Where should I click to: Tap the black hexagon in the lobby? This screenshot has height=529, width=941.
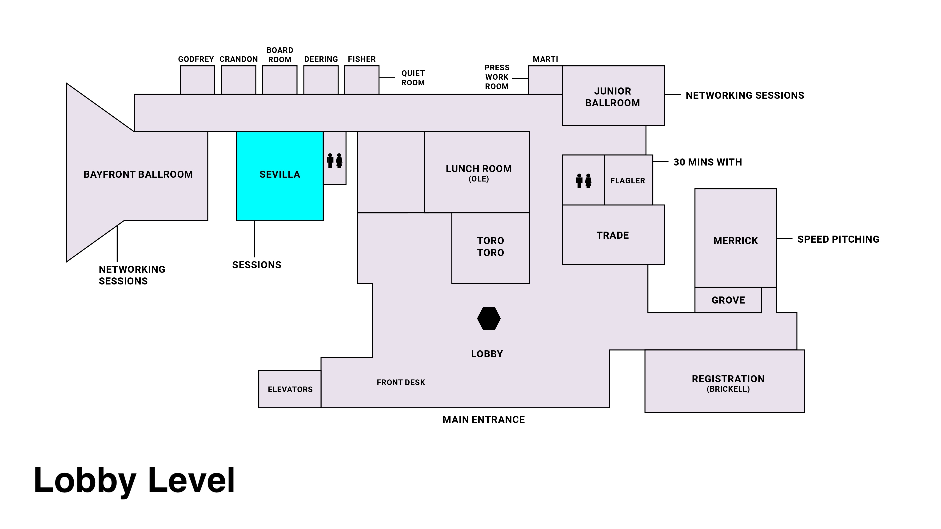point(489,318)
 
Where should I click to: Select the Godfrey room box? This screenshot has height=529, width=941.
point(197,80)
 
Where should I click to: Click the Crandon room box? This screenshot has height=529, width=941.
point(239,80)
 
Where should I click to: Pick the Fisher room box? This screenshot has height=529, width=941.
point(362,80)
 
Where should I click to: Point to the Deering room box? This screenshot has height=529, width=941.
point(321,80)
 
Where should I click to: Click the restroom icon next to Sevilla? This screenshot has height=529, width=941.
point(335,161)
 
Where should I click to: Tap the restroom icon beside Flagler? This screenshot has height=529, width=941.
point(583,181)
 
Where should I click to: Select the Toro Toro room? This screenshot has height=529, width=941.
point(490,248)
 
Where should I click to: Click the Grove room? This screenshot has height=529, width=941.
point(728,300)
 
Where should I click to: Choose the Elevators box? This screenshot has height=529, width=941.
point(290,389)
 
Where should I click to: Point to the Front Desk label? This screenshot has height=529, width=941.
point(401,382)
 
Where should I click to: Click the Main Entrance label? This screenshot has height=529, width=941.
point(483,419)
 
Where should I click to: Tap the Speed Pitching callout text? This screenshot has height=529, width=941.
point(838,239)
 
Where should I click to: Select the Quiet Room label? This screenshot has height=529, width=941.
point(413,78)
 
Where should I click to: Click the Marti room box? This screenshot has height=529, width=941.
point(545,80)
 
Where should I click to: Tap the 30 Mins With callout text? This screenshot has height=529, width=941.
point(708,162)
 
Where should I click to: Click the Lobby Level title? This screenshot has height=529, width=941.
point(134,480)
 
